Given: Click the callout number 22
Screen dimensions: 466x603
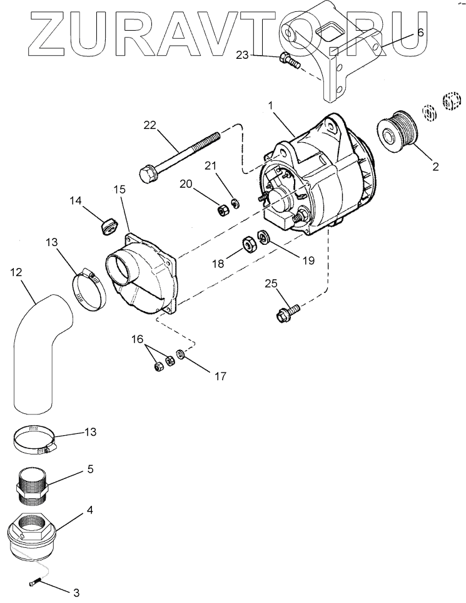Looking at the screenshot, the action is [x=150, y=125].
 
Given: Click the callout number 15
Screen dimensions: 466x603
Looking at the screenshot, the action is [x=119, y=189].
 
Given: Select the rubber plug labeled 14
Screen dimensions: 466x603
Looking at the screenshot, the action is [x=109, y=226].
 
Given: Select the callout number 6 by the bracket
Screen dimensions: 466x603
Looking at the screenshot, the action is [x=420, y=33].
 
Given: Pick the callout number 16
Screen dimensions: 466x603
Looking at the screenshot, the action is [x=137, y=339].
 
